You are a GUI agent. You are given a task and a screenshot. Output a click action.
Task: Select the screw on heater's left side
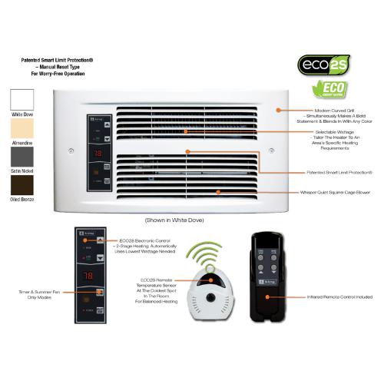point(72,150)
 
